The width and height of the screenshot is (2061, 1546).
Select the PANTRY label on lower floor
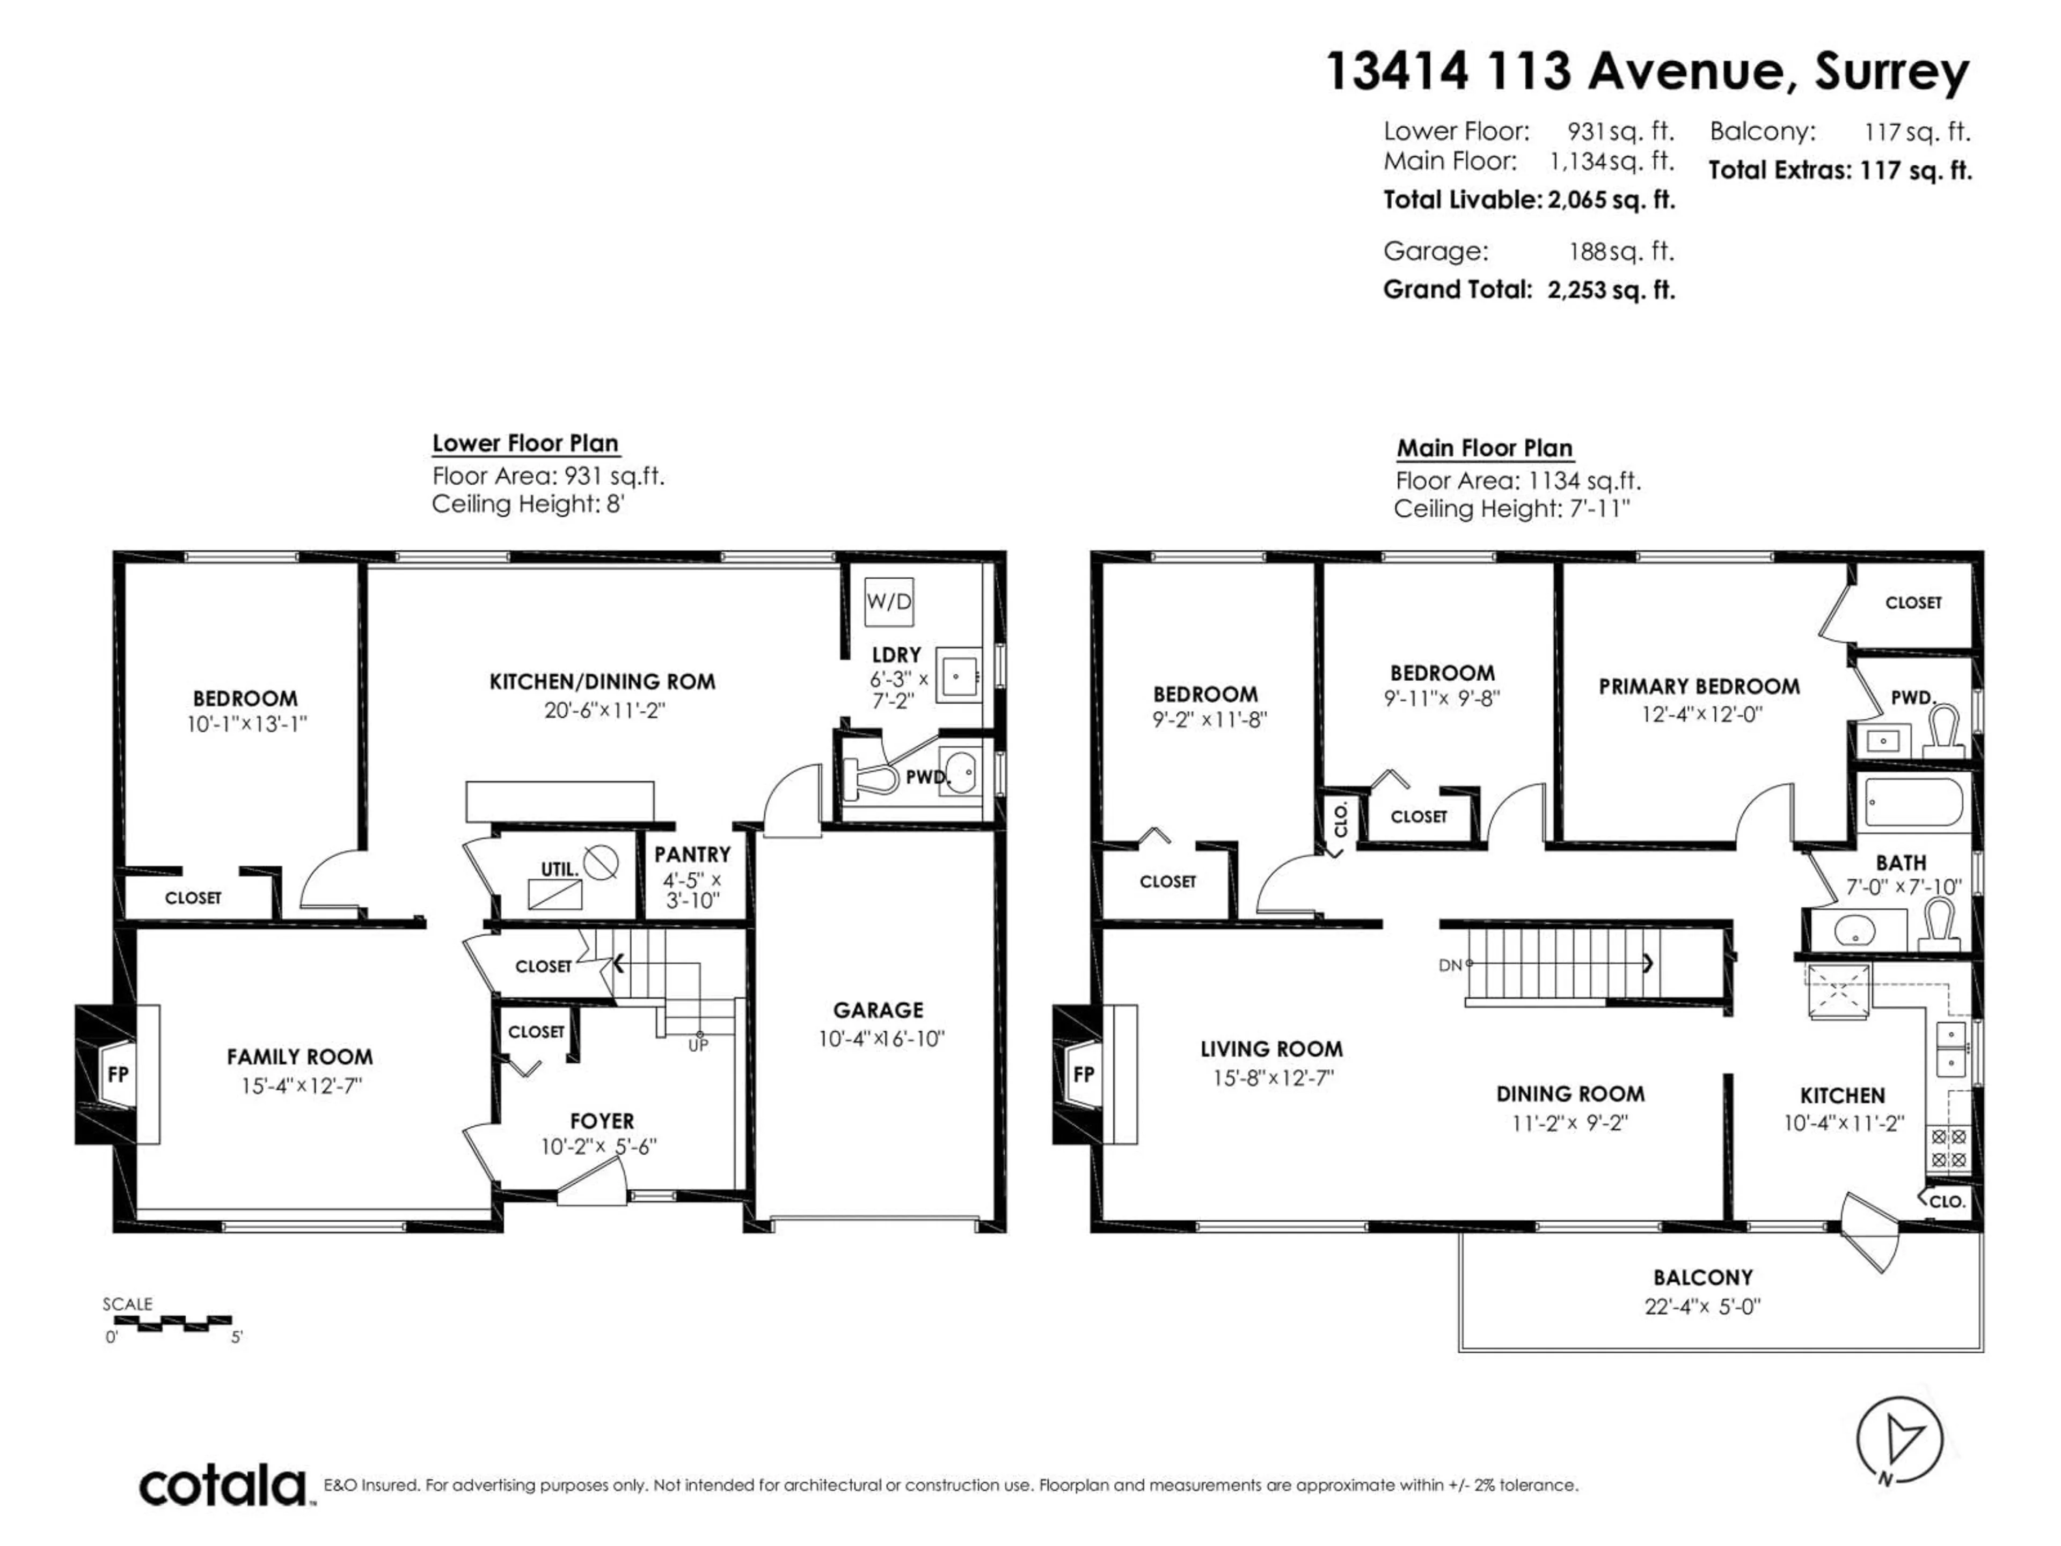pyautogui.click(x=692, y=855)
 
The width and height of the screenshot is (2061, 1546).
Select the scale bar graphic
pyautogui.click(x=172, y=1322)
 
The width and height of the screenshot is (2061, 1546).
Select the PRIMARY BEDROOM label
pyautogui.click(x=1699, y=687)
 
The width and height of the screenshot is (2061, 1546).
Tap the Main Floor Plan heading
pyautogui.click(x=1484, y=448)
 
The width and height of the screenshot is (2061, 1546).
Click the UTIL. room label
pyautogui.click(x=559, y=869)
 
